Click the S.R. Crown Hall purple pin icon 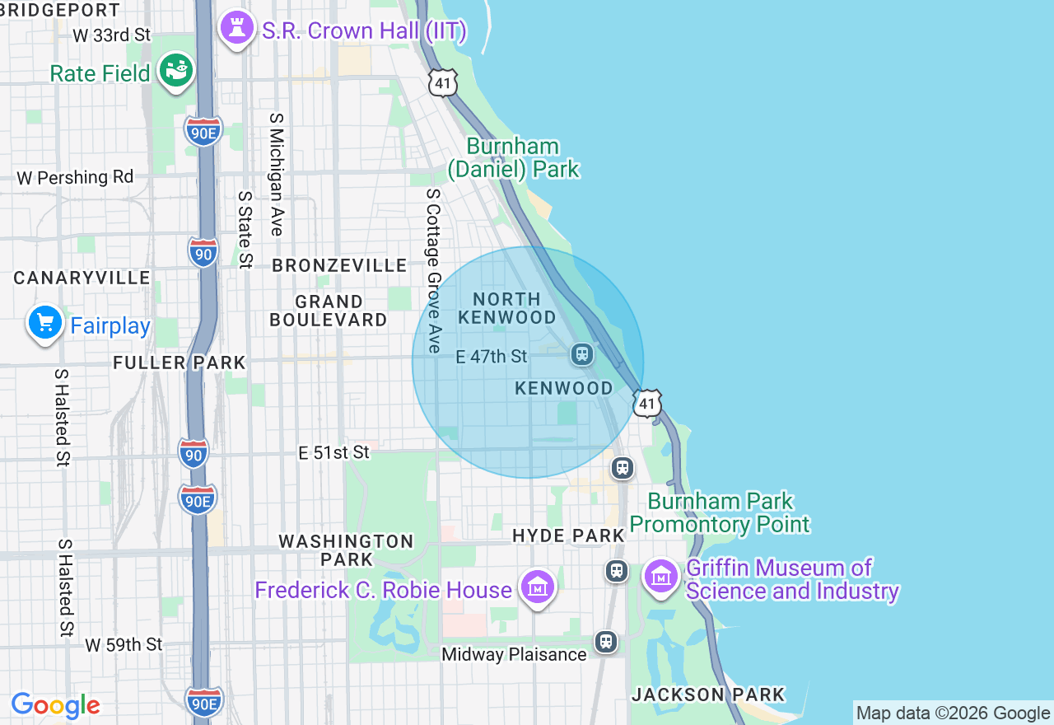click(x=237, y=30)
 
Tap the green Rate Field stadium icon click(x=176, y=70)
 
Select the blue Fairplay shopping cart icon click(x=44, y=323)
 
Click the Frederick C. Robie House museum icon click(x=538, y=588)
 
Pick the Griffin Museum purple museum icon click(x=661, y=577)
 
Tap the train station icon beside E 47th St click(x=582, y=354)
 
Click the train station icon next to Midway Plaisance click(x=606, y=641)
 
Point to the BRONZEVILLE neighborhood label click(x=339, y=265)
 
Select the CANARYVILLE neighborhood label click(x=82, y=278)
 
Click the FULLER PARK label click(x=180, y=362)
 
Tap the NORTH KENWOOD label click(x=507, y=308)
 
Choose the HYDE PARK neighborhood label click(x=569, y=536)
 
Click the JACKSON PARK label click(x=708, y=695)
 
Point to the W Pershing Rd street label click(x=75, y=177)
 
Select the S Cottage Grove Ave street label click(x=434, y=271)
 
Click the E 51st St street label click(x=334, y=452)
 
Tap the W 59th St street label click(x=124, y=644)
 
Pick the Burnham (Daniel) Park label click(x=514, y=158)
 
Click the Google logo click(x=55, y=705)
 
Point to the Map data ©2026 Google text click(x=953, y=713)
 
